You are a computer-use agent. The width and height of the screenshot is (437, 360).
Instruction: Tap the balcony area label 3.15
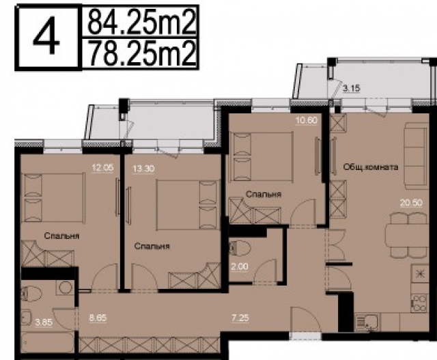[x=352, y=88]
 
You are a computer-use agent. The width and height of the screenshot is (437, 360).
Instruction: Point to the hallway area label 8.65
[x=99, y=317]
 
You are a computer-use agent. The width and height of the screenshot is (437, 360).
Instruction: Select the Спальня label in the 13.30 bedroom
[x=152, y=246]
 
